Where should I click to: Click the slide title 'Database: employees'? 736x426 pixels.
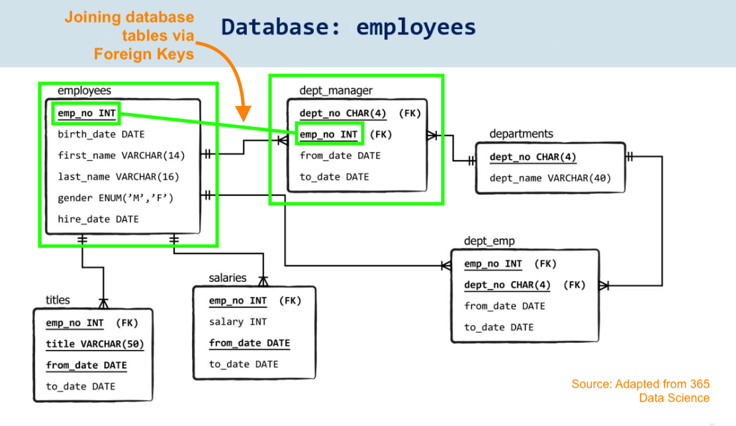[x=348, y=27]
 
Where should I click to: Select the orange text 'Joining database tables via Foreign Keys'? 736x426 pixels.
[x=129, y=36]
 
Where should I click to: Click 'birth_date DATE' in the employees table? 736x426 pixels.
[x=101, y=134]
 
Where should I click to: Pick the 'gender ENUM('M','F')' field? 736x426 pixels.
[x=119, y=198]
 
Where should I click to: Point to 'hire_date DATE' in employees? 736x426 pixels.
[x=98, y=219]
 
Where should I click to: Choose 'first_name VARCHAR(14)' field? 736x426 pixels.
[x=122, y=155]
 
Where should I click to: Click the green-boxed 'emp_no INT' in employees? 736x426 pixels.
[x=86, y=114]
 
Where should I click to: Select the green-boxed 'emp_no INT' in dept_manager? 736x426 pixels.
[x=329, y=134]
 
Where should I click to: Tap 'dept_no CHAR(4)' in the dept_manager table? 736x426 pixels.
[x=343, y=113]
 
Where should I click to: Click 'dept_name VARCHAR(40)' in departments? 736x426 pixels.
[x=550, y=178]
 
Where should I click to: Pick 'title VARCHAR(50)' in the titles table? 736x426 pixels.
[x=95, y=344]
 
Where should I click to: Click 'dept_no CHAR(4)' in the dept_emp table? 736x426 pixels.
[x=507, y=285]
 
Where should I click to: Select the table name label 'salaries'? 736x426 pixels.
[x=227, y=278]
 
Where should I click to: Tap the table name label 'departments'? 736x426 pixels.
[x=521, y=134]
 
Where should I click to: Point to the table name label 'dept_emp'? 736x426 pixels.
[x=489, y=241]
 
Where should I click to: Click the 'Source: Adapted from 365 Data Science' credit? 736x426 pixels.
[x=640, y=391]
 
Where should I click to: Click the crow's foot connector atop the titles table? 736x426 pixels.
[x=103, y=303]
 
